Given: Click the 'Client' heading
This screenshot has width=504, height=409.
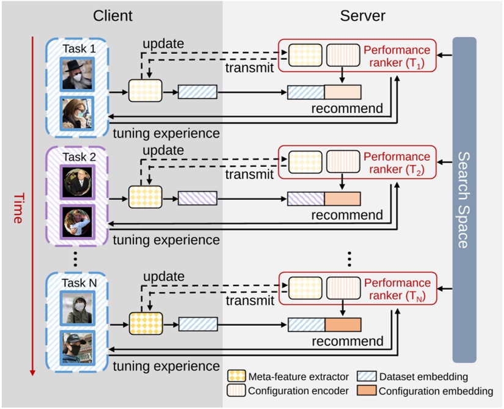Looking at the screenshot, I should [113, 16].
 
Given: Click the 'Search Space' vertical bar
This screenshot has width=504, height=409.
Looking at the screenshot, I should [464, 199].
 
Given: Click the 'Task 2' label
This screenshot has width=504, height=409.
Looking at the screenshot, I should [76, 157].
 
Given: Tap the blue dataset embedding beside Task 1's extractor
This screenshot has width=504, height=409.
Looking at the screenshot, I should [197, 92].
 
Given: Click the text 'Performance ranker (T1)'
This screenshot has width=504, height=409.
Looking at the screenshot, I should [397, 56].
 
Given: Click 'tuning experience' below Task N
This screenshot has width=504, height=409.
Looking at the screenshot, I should [166, 366].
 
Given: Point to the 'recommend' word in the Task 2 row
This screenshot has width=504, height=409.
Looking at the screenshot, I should [347, 215].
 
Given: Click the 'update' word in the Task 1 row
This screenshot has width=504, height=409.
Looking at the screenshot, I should [163, 45].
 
